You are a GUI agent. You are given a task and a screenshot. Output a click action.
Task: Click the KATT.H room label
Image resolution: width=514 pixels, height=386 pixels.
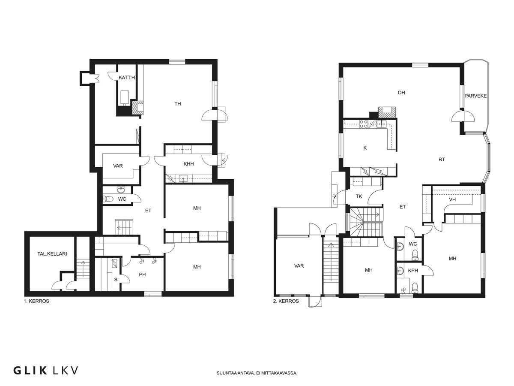(127, 78)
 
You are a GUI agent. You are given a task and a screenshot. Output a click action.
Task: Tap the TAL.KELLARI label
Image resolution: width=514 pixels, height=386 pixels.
(52, 254)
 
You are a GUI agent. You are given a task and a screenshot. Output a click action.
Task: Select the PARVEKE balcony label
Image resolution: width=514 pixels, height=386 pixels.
(475, 96)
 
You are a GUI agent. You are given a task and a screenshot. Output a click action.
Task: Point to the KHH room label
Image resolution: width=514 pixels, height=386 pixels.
(188, 164)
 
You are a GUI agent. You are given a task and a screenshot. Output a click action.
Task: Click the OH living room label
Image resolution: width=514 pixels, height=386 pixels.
(401, 93)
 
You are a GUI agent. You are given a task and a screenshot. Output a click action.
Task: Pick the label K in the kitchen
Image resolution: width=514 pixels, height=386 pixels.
(365, 148)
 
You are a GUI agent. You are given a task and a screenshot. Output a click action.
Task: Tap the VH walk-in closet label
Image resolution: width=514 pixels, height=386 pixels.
(452, 199)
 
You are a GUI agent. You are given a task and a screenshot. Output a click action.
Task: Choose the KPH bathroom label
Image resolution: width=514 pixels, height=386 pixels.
(413, 271)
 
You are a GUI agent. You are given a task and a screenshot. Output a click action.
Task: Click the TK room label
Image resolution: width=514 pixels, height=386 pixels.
(359, 196)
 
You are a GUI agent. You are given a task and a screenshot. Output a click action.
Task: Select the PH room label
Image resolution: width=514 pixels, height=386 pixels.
(142, 274)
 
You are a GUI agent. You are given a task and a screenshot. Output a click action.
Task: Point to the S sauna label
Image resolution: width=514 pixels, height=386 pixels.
(116, 280)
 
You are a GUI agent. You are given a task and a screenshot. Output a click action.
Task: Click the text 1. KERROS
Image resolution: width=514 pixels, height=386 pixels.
(36, 301)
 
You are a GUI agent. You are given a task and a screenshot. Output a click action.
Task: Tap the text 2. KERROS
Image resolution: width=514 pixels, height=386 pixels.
(286, 301)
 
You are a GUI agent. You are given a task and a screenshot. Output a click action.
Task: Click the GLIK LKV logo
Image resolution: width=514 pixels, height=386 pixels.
(45, 371)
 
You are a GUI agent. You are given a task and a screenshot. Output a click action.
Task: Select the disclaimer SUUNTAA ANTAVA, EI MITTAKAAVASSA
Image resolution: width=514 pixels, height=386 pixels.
(257, 373)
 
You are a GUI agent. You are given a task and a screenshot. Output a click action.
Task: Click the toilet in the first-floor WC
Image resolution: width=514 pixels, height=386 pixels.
(108, 199)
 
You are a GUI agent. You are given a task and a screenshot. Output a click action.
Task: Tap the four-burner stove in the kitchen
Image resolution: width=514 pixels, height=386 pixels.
(363, 124)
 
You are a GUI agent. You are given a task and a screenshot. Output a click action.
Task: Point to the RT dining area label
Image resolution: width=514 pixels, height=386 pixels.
(442, 160)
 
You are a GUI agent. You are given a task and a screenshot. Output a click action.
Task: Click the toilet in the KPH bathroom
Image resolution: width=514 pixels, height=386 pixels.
(415, 288)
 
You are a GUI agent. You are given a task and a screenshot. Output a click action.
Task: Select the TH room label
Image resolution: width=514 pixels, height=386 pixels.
(177, 104)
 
